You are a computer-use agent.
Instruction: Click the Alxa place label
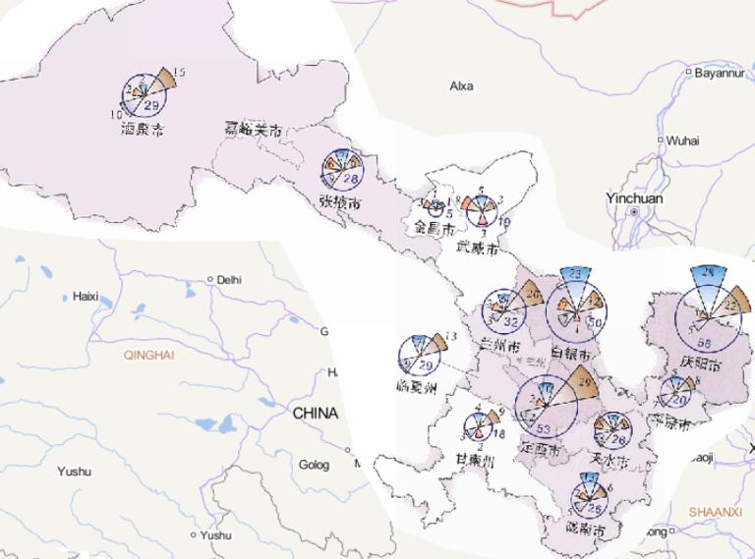461,86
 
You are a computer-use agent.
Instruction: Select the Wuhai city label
682,140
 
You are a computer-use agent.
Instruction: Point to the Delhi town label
228,279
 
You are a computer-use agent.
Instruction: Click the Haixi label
87,296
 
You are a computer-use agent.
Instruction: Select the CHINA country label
315,415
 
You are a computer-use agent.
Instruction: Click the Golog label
315,465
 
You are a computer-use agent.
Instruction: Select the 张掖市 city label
339,202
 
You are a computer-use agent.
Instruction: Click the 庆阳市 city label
699,363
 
